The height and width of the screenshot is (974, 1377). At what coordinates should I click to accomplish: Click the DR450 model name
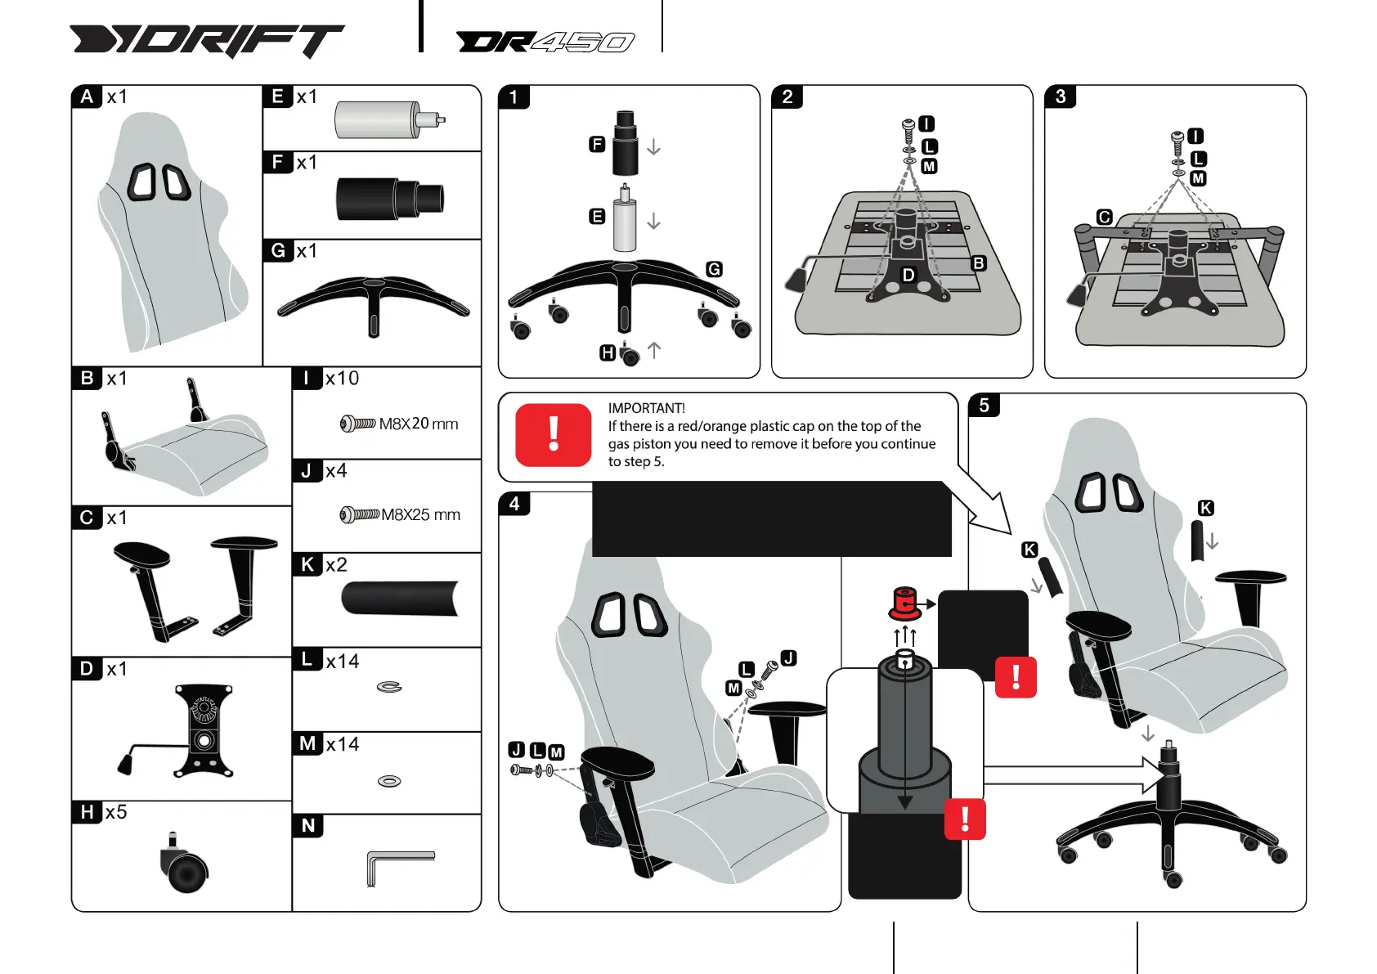[x=545, y=42]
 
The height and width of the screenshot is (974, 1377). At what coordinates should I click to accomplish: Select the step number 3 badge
[x=1061, y=97]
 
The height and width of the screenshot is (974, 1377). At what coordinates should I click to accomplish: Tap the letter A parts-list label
[x=87, y=97]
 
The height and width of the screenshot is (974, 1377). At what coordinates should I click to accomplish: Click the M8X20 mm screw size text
[x=419, y=424]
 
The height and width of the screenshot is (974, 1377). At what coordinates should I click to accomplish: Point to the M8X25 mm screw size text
[x=420, y=514]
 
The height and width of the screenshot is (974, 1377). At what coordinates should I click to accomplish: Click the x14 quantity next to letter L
[x=343, y=661]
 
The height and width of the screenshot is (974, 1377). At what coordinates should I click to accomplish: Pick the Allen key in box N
[x=398, y=864]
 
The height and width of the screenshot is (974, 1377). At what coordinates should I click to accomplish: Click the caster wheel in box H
[x=184, y=868]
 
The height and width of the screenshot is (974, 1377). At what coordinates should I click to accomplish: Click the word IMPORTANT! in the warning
[x=646, y=408]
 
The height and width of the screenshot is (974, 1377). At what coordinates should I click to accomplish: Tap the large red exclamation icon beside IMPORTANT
[x=554, y=434]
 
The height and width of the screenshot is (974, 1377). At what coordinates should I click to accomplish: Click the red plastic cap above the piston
[x=904, y=604]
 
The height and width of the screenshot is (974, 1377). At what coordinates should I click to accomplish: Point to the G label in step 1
[x=714, y=269]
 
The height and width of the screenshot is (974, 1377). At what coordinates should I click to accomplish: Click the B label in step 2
[x=978, y=263]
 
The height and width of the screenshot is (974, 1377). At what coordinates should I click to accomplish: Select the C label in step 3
[x=1105, y=217]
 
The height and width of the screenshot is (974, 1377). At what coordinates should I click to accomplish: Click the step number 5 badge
[x=984, y=405]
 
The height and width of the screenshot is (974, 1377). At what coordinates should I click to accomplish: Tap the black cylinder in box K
[x=400, y=598]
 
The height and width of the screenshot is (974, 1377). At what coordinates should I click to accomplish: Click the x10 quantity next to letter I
[x=342, y=378]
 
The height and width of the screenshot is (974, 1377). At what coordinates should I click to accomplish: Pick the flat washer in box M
[x=389, y=781]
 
